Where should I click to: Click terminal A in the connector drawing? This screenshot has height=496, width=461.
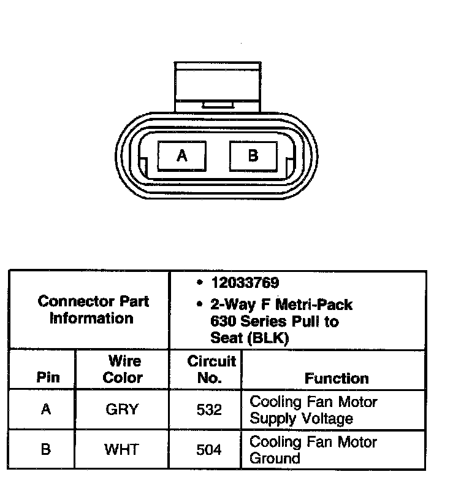point(182,155)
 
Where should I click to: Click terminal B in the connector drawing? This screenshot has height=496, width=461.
point(253,155)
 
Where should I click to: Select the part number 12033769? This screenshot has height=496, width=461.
point(245,283)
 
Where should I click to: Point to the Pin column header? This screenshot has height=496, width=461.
point(48,378)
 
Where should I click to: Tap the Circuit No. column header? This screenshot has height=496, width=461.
point(210,370)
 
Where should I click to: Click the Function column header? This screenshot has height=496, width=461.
point(337,378)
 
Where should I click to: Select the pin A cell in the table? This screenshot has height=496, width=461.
point(46,409)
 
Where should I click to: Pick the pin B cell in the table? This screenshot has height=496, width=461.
point(46,449)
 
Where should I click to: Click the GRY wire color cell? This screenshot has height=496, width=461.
point(122,409)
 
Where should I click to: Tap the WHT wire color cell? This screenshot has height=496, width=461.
point(122,449)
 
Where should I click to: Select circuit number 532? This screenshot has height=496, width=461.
point(209,409)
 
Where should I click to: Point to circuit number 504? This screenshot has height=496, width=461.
point(209,449)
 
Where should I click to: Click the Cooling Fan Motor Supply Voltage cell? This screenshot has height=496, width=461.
point(313,410)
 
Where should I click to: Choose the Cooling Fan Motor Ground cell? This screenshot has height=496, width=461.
point(313,449)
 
